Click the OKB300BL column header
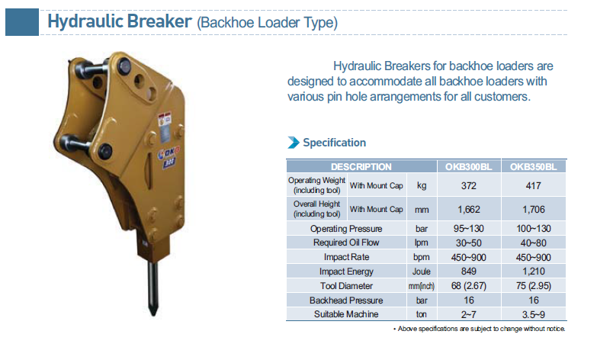tap(469, 167)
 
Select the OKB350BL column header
tap(534, 167)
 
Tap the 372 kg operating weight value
tap(469, 185)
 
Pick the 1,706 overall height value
tap(534, 209)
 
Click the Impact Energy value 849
tap(469, 272)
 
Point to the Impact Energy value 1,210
tap(534, 272)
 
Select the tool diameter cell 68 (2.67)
tap(469, 286)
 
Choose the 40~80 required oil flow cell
tap(534, 243)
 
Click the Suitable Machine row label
tap(346, 314)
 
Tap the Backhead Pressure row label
tap(346, 301)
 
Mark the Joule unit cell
tap(422, 272)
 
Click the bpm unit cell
tap(422, 257)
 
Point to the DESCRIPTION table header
tap(361, 167)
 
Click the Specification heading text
tap(334, 143)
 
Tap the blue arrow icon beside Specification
tap(294, 143)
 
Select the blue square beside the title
tap(22, 22)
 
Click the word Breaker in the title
tap(159, 21)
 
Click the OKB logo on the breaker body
tap(169, 153)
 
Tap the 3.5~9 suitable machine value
tap(534, 314)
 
